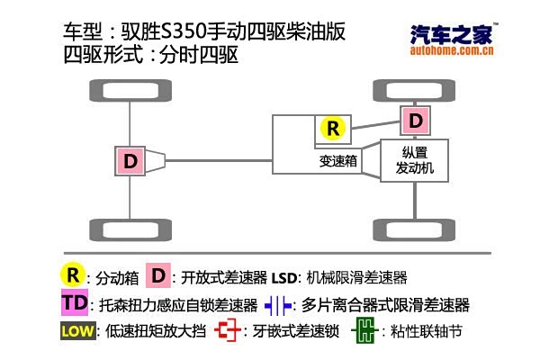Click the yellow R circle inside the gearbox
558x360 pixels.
pyautogui.click(x=333, y=129)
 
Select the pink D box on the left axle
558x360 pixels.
pyautogui.click(x=130, y=161)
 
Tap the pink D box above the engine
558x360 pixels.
pyautogui.click(x=415, y=121)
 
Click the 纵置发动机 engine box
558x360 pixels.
pyautogui.click(x=415, y=160)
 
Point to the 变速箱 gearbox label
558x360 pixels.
pyautogui.click(x=338, y=161)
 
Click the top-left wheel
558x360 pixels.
pyautogui.click(x=130, y=90)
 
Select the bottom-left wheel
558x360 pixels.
pyautogui.click(x=130, y=230)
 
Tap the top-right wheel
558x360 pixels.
pyautogui.click(x=414, y=90)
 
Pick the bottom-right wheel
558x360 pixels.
pyautogui.click(x=414, y=230)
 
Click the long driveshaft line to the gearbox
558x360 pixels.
pyautogui.click(x=219, y=161)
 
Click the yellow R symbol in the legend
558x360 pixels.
pyautogui.click(x=73, y=275)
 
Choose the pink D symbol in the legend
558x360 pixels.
pyautogui.click(x=158, y=275)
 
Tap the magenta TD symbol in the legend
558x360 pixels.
pyautogui.click(x=75, y=302)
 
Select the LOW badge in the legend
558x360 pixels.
pyautogui.click(x=78, y=331)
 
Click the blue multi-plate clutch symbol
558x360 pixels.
pyautogui.click(x=278, y=305)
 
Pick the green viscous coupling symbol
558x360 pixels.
pyautogui.click(x=364, y=331)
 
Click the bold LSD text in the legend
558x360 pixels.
pyautogui.click(x=284, y=278)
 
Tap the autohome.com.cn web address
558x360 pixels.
pyautogui.click(x=452, y=50)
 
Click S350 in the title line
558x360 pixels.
pyautogui.click(x=184, y=31)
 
